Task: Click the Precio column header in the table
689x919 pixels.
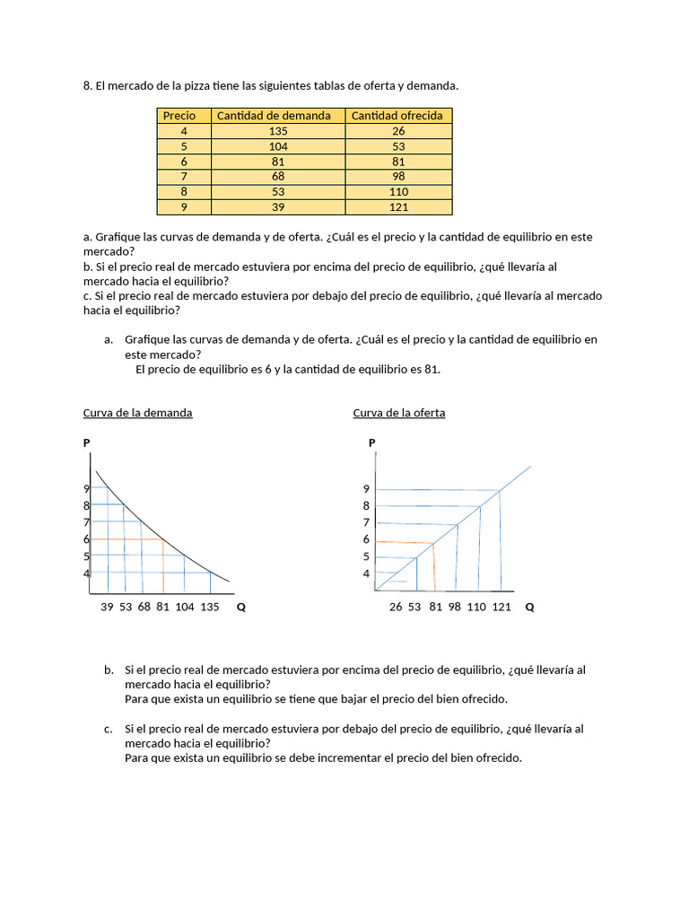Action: (179, 116)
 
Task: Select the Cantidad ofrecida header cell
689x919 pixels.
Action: (397, 116)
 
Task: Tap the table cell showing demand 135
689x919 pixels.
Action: (278, 131)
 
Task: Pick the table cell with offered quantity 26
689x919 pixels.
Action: (398, 131)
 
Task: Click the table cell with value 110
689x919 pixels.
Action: (398, 192)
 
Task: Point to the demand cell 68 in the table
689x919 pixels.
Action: (278, 177)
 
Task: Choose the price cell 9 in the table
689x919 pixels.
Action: (184, 207)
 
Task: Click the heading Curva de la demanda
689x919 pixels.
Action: (137, 413)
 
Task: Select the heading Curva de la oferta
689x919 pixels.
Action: (399, 413)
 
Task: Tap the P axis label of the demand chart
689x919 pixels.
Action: (86, 443)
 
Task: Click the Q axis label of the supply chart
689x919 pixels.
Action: (529, 608)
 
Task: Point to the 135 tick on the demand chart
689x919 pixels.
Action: (209, 608)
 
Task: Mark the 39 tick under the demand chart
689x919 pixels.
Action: (107, 608)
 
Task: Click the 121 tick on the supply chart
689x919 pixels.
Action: (501, 608)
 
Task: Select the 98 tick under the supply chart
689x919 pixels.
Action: (454, 608)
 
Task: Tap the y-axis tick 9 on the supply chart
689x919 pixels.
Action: (366, 489)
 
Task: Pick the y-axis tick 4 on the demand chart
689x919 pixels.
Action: (87, 573)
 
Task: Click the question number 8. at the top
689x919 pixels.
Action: (88, 86)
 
